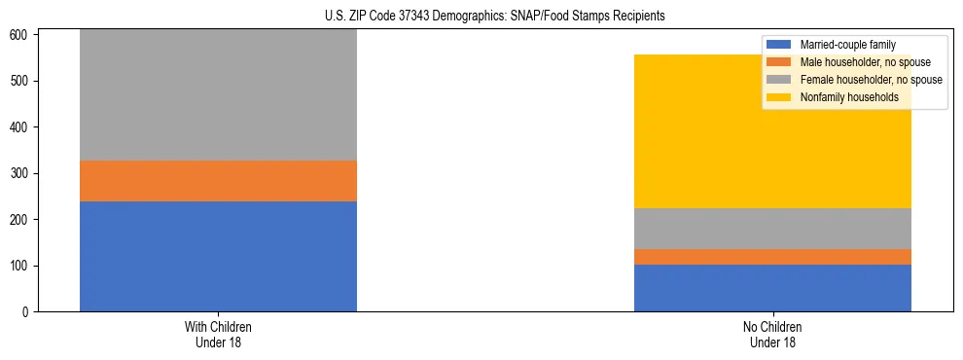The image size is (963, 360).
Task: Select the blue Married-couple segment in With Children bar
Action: tap(218, 256)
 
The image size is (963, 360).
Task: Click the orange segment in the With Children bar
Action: tap(218, 181)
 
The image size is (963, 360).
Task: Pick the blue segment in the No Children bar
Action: tap(772, 288)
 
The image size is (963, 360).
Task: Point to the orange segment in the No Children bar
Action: tap(772, 257)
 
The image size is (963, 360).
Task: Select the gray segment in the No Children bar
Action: tap(772, 229)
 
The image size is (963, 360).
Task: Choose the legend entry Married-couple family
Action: tap(847, 45)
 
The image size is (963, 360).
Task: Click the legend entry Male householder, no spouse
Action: tap(860, 62)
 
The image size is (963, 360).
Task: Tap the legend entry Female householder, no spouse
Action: tap(865, 80)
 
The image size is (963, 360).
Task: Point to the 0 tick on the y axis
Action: tap(29, 312)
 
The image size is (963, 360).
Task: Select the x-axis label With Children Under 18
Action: tap(218, 334)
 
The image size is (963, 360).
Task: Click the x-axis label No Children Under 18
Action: tap(772, 334)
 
